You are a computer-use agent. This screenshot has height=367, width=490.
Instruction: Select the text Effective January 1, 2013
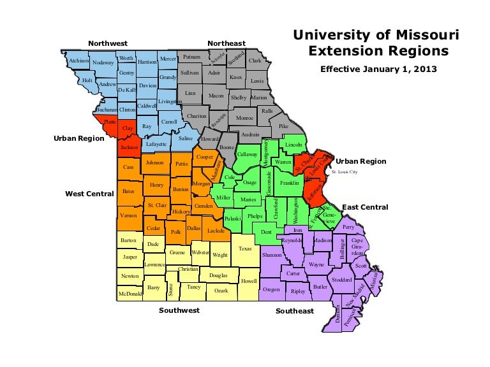pos(373,69)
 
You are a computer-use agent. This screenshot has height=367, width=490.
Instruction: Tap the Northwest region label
pos(108,43)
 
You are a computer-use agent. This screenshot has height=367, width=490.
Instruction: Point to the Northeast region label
pos(226,43)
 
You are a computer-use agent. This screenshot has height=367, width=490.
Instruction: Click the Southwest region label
pos(179,310)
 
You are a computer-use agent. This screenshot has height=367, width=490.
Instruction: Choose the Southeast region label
pos(294,311)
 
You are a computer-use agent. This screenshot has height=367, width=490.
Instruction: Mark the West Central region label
pos(89,192)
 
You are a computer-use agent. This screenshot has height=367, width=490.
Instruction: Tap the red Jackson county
pos(129,148)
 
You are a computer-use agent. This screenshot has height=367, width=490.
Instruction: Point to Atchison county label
pos(78,61)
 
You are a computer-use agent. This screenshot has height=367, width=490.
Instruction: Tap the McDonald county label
pos(130,294)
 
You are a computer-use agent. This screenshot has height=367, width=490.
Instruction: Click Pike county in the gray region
pos(283,126)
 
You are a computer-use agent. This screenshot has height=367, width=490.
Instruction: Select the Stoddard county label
pos(342,280)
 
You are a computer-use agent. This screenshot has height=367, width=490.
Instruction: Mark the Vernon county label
pos(128,216)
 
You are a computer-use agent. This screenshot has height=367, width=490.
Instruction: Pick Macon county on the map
pos(216,96)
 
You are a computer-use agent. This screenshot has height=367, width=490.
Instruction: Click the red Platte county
pos(110,121)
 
